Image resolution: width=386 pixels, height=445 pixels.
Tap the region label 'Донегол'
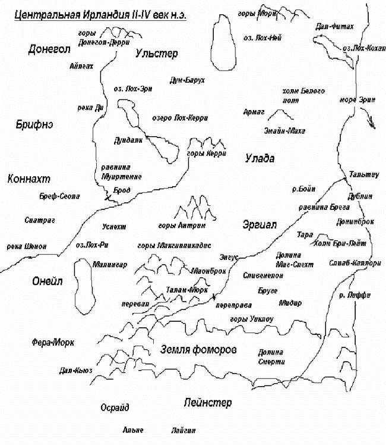tap(49, 50)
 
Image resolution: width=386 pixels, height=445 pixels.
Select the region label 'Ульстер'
tap(156, 54)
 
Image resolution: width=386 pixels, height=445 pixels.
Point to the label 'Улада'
tap(259, 158)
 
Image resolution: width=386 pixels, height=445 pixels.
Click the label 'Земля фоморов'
tap(198, 349)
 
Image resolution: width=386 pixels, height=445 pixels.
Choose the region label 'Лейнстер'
tap(207, 403)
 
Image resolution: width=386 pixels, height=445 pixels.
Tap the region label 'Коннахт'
tap(29, 179)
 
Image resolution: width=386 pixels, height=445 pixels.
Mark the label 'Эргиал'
tap(260, 224)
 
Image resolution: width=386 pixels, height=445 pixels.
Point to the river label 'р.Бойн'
tap(303, 189)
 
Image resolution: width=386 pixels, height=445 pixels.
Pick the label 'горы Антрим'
tap(182, 226)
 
